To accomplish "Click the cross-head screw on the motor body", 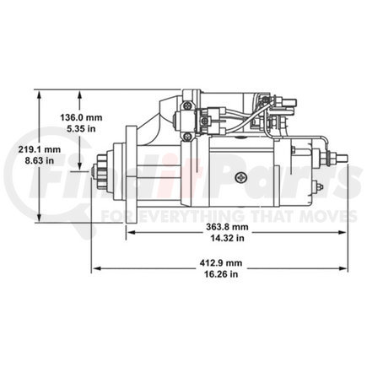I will pyautogui.click(x=243, y=178).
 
